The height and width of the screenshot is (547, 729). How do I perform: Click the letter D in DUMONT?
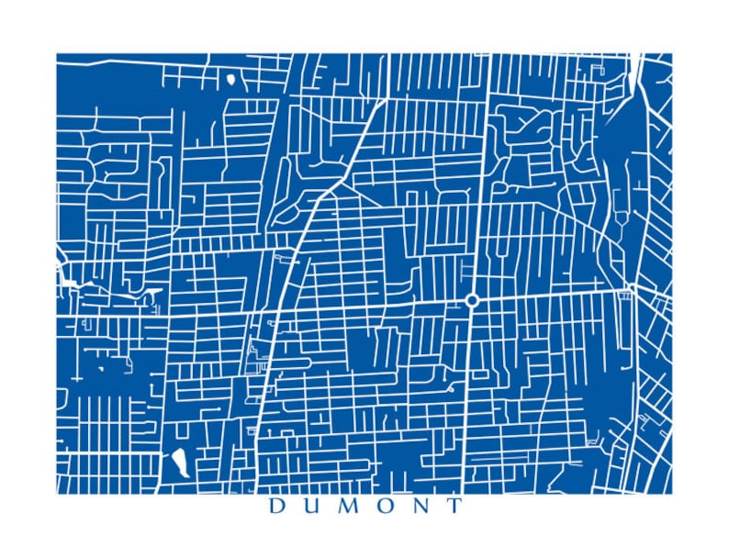tap(275, 507)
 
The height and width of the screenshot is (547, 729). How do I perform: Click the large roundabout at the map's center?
tap(472, 300)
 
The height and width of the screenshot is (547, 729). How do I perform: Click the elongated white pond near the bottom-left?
tap(179, 461)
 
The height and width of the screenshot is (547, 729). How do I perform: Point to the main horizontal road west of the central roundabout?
tap(367, 306)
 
